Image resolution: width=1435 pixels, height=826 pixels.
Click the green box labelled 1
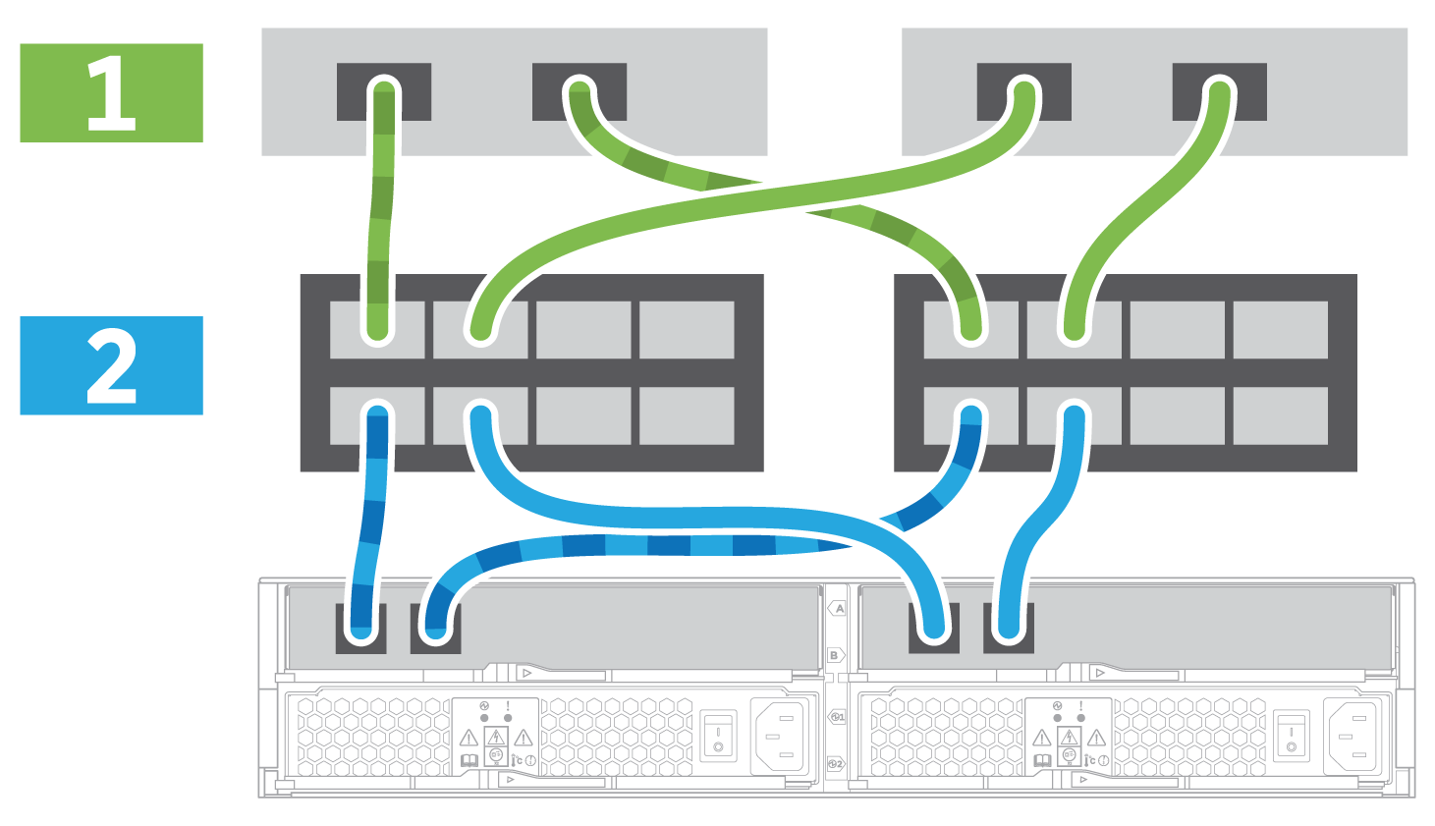pos(111,92)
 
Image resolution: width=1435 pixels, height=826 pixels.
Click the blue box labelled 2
pos(111,365)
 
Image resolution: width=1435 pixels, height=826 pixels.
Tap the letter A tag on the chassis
pos(838,609)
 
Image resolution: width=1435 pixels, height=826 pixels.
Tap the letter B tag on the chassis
pos(835,655)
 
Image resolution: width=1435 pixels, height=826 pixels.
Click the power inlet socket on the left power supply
pos(782,736)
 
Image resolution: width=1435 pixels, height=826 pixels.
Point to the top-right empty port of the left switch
pos(687,330)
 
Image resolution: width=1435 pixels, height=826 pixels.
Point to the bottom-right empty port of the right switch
pos(1280,415)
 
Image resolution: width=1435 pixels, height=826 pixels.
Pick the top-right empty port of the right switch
pos(1280,330)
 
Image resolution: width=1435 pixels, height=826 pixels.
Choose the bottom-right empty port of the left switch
pos(687,415)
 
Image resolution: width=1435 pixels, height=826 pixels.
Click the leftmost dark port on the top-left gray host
pos(384,91)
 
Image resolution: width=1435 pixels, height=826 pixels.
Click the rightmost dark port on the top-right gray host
pos(1219,91)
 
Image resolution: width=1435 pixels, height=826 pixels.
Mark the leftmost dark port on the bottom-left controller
pos(360,628)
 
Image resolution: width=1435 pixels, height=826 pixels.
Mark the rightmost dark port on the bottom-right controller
pos(1009,628)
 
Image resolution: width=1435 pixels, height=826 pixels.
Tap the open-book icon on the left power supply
pos(469,760)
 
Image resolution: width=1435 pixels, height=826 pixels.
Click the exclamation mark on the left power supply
pos(508,706)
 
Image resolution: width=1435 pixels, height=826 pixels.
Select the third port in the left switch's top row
pos(583,330)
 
